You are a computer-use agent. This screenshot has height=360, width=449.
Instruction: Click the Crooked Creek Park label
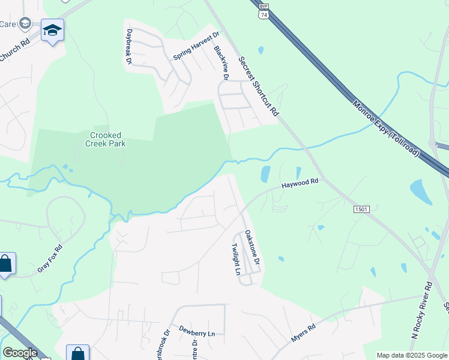106,139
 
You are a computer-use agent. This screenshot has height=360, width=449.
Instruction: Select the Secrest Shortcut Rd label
259,87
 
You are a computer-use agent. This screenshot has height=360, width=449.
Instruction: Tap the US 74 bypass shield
264,10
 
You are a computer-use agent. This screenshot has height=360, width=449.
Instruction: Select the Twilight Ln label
237,259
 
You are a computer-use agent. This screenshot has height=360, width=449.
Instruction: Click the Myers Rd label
303,334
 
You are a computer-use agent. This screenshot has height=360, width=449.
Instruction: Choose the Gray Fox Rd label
50,259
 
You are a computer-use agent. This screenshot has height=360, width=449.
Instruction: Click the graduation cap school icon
52,30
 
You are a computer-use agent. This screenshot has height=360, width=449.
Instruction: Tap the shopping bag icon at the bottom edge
78,353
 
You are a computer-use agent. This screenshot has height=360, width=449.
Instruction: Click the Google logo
20,353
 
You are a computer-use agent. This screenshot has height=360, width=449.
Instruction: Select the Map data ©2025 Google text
412,355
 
